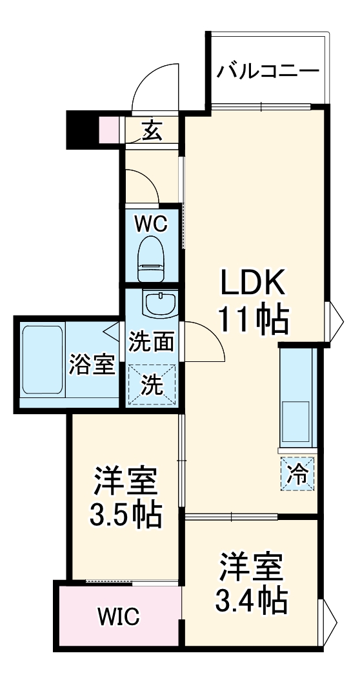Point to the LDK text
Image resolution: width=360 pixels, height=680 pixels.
(x=253, y=281)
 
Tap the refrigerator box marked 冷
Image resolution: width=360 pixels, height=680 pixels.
(x=297, y=474)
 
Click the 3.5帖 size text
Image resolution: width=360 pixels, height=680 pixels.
(x=126, y=515)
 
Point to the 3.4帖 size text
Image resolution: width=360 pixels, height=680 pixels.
(x=252, y=602)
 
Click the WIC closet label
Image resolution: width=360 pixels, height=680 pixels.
(x=119, y=617)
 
